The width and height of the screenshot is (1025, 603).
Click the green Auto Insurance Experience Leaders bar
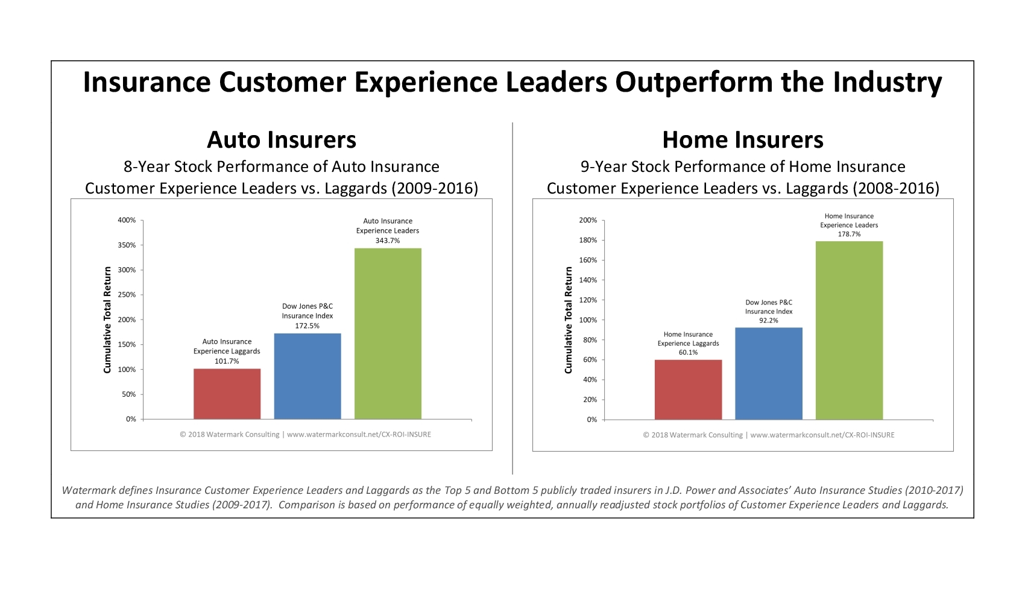coord(388,333)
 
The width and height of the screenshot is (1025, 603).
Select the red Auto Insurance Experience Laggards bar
coord(227,394)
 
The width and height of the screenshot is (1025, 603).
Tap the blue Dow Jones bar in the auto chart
coord(307,376)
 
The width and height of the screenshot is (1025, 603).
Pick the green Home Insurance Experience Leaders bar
coord(849,330)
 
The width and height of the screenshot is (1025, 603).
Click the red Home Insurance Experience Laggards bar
coord(688,390)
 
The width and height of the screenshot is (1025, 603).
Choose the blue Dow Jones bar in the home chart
coord(769,373)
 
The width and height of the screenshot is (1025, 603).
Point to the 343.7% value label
coord(388,241)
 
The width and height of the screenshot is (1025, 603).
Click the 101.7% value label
coord(227,361)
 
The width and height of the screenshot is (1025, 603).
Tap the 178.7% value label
coord(849,234)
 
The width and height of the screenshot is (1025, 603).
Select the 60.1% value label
coord(688,352)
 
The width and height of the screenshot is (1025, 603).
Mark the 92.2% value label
coord(769,321)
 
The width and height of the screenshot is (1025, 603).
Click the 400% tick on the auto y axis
coord(127,220)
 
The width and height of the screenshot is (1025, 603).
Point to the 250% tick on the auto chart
coord(127,295)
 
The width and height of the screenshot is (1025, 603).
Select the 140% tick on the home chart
coord(588,280)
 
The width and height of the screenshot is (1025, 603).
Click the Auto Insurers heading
coord(282,140)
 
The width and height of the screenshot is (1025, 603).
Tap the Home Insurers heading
coord(743,140)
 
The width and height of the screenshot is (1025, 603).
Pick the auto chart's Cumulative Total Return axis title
coord(107,320)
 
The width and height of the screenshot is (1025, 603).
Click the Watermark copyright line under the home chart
coord(769,435)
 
